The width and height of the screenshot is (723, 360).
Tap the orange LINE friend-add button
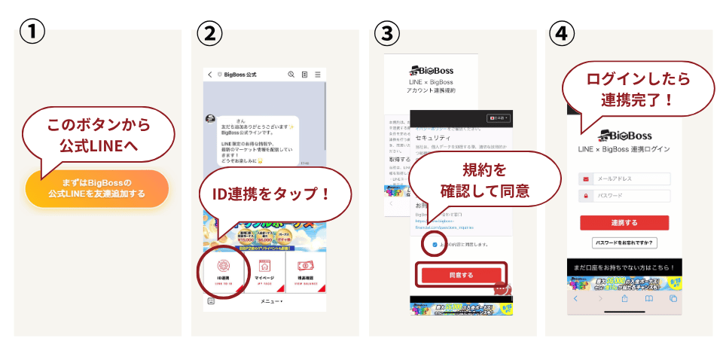[x=96, y=188]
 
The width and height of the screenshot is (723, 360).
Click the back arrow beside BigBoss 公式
[x=209, y=75]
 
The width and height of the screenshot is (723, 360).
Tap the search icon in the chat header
[x=291, y=75]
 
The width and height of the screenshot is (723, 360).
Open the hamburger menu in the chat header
[x=318, y=75]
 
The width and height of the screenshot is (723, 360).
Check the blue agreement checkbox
[x=435, y=245]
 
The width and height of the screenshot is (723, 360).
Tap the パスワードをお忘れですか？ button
[x=624, y=243]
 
